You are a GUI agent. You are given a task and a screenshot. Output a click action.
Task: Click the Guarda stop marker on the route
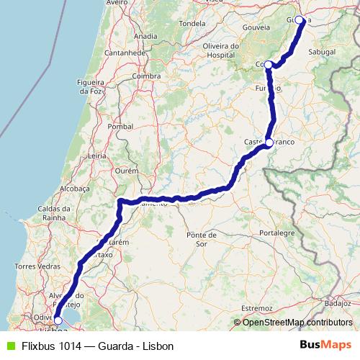click(300, 20)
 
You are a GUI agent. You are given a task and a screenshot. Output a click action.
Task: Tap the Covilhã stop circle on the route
click(268, 65)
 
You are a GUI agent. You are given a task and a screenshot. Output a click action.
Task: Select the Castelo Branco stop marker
click(269, 143)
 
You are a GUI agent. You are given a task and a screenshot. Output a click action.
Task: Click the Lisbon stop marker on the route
click(58, 321)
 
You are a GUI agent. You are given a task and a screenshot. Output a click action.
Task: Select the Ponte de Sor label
click(201, 240)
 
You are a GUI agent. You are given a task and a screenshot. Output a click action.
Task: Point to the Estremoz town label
click(258, 307)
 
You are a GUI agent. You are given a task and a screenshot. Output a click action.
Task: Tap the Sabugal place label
click(322, 52)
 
